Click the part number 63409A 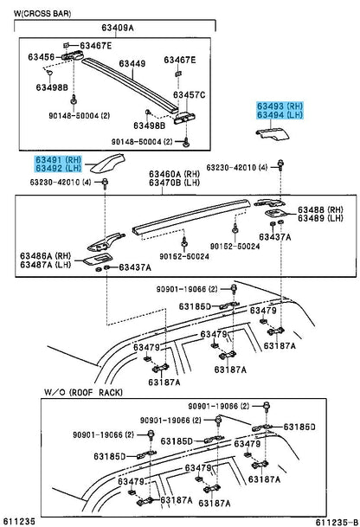click(x=118, y=27)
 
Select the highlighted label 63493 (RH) click(x=280, y=106)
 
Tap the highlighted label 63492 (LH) click(x=59, y=168)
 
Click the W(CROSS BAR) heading click(x=42, y=14)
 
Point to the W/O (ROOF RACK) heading click(x=83, y=392)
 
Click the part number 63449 click(x=132, y=63)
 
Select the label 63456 click(x=41, y=57)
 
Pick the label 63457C click(x=189, y=95)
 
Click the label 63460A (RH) click(x=175, y=174)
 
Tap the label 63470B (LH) click(x=175, y=183)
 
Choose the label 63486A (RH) click(x=45, y=256)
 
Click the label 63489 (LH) click(x=320, y=218)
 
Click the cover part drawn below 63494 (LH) click(x=272, y=133)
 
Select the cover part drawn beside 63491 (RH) click(x=107, y=163)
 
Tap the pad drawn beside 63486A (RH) click(x=95, y=260)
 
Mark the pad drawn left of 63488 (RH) click(x=276, y=213)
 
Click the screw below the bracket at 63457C click(x=185, y=142)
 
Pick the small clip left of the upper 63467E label click(x=67, y=45)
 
